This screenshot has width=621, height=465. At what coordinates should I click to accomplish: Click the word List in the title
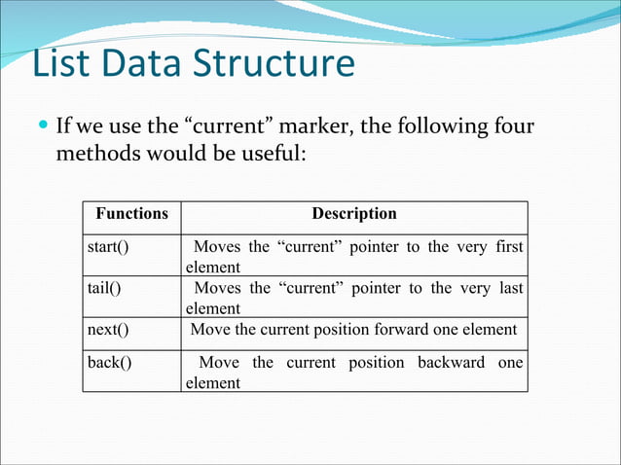pyautogui.click(x=62, y=64)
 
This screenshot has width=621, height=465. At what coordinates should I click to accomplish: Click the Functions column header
pyautogui.click(x=131, y=214)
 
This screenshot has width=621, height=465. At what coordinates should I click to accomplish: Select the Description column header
pyautogui.click(x=353, y=214)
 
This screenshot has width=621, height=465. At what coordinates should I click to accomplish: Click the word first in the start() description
pyautogui.click(x=507, y=247)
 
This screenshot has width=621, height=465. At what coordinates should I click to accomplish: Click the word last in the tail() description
pyautogui.click(x=509, y=288)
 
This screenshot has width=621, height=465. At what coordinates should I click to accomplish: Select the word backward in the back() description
pyautogui.click(x=452, y=363)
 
